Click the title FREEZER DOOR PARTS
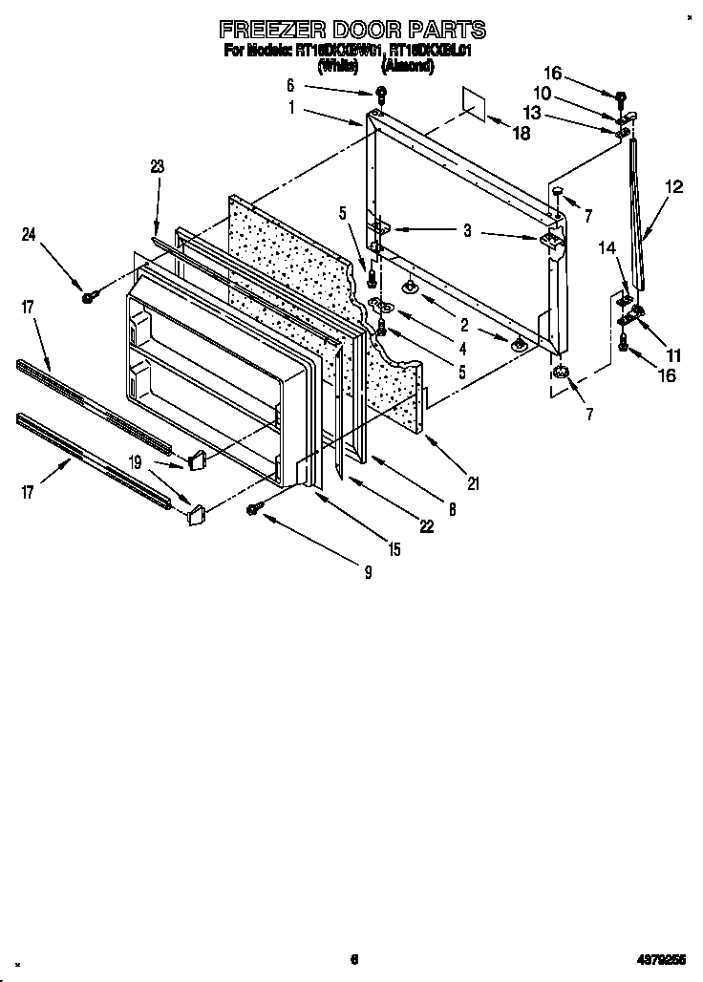click(x=352, y=30)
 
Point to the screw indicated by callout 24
click(x=88, y=297)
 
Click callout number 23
click(x=158, y=166)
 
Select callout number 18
click(x=521, y=134)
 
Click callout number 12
click(x=674, y=187)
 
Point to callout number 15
click(x=394, y=549)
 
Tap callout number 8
click(x=452, y=509)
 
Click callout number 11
click(x=674, y=355)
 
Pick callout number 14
click(x=607, y=247)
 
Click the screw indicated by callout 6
click(x=380, y=93)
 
